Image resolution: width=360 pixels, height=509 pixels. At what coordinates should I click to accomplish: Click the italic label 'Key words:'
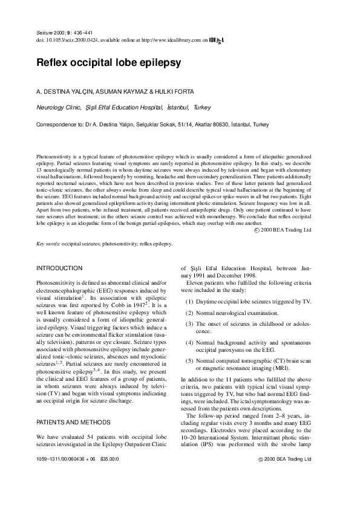pyautogui.click(x=50, y=244)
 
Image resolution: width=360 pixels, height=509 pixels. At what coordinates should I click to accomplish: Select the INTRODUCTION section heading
pyautogui.click(x=59, y=267)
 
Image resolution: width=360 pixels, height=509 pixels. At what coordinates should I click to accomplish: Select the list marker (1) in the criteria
pyautogui.click(x=190, y=300)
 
